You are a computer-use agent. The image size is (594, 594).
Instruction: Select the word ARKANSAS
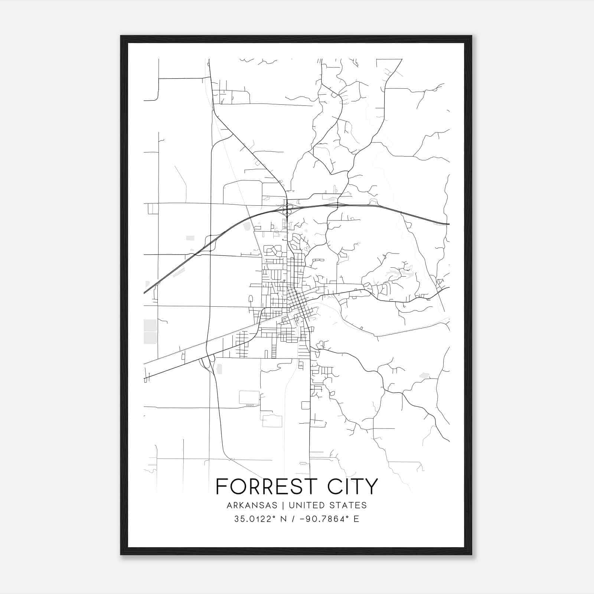(x=252, y=505)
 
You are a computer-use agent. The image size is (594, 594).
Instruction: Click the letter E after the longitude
(x=356, y=519)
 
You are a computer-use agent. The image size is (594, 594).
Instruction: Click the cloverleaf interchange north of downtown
(x=287, y=209)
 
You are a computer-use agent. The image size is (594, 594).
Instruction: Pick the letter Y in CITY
(x=372, y=487)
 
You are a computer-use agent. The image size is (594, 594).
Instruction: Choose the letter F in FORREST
(x=221, y=487)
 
